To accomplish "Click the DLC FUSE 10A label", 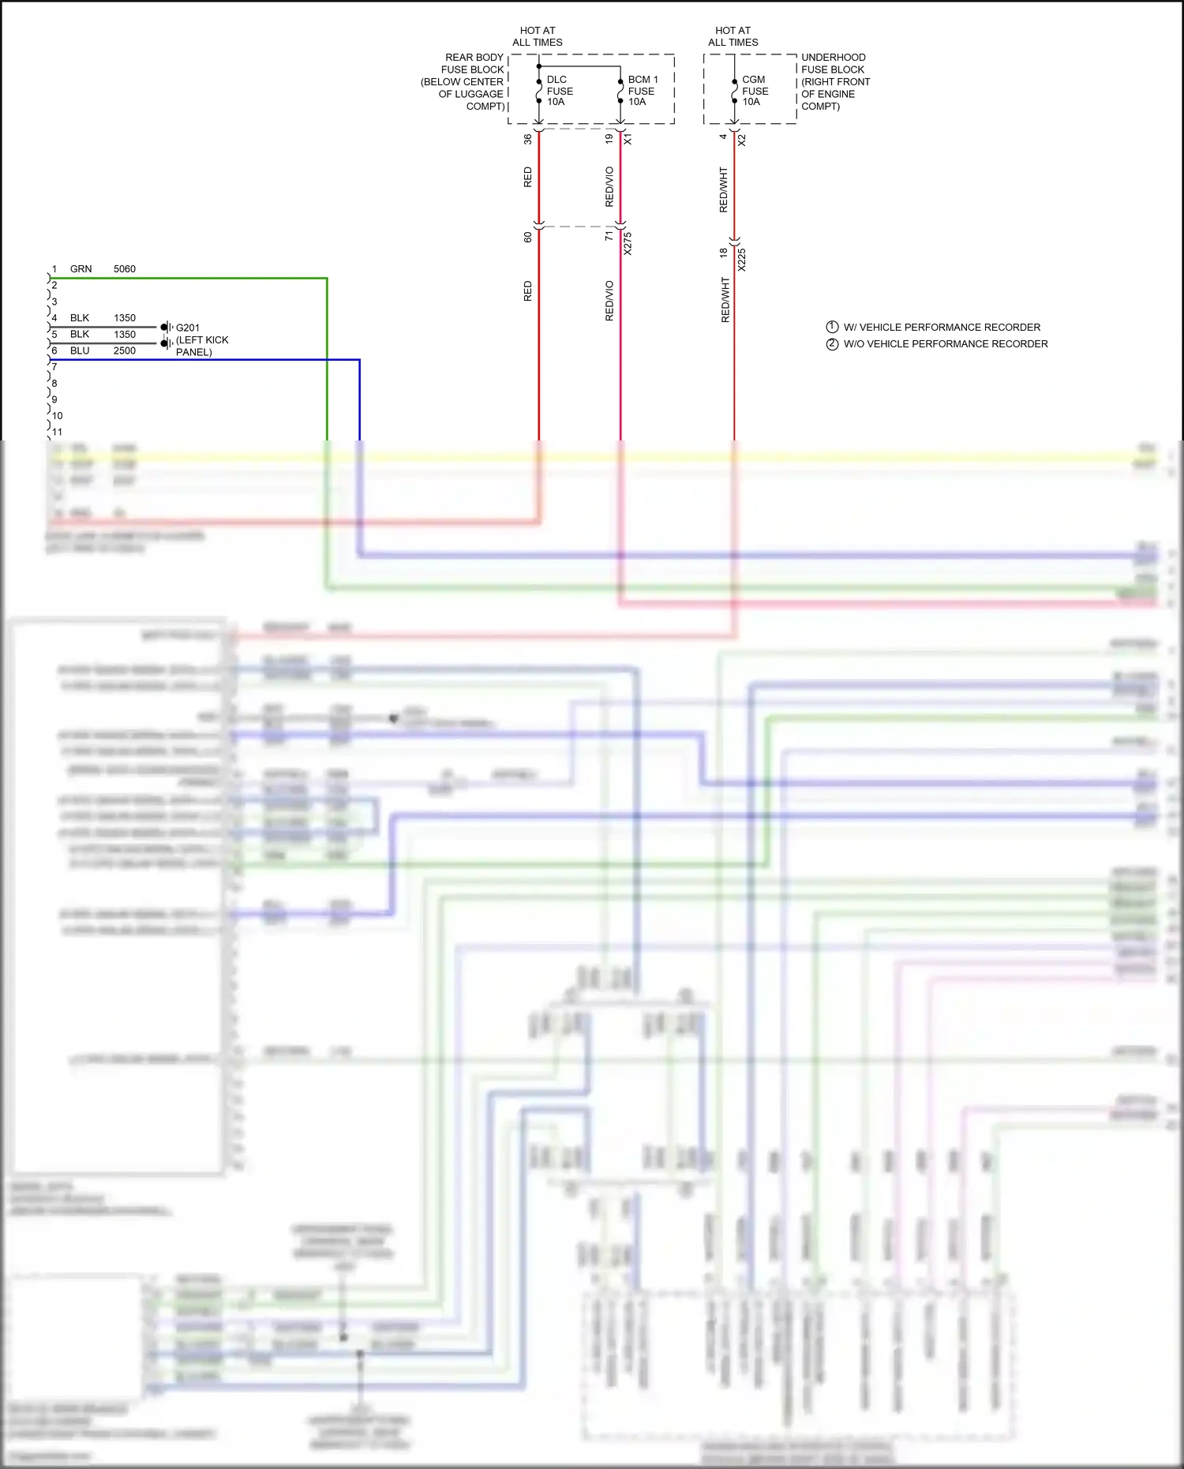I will tap(559, 91).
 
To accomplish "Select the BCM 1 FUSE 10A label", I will tap(642, 91).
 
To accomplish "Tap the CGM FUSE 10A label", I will tap(754, 91).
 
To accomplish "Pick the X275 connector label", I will tap(628, 243).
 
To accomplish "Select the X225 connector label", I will tap(741, 260).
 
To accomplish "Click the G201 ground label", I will tap(188, 328).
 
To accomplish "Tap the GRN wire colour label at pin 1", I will tap(81, 269).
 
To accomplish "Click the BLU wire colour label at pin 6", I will tap(80, 350).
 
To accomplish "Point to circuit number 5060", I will tap(125, 269).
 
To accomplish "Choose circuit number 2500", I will tap(125, 350).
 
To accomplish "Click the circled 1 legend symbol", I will tap(832, 327).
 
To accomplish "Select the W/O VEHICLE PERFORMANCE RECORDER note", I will tap(946, 344).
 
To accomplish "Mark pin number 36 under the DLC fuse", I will tap(527, 139).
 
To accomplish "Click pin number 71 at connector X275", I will tap(609, 235).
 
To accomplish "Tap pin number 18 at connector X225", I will tap(723, 253).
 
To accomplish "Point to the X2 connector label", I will tap(741, 140).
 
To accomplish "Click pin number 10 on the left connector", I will tap(57, 416).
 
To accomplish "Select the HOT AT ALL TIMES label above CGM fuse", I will tap(733, 36).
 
